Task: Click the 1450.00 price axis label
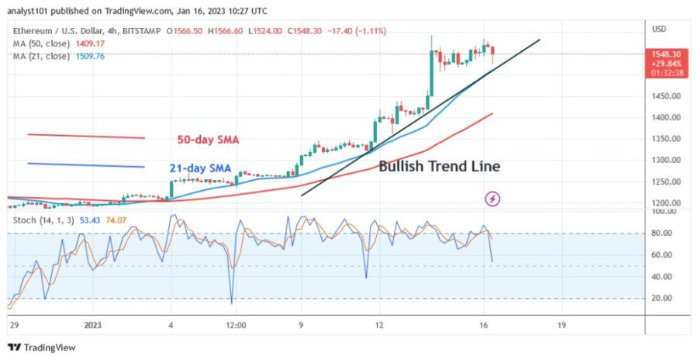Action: click(665, 96)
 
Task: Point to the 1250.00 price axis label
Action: click(665, 182)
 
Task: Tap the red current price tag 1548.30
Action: click(665, 55)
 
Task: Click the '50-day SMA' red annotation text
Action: click(207, 140)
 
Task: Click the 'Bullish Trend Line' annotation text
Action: click(439, 166)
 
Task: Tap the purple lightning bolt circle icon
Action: click(492, 199)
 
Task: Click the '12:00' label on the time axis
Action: click(236, 324)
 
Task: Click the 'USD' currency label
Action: click(660, 29)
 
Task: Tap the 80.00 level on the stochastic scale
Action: click(662, 234)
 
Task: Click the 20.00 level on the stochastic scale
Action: click(662, 298)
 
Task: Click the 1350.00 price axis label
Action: click(665, 139)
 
